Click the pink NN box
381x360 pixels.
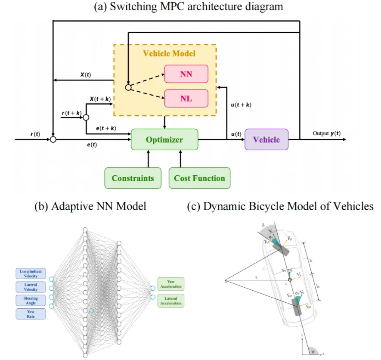point(186,74)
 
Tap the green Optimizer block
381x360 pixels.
point(164,140)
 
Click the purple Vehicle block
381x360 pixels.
point(266,140)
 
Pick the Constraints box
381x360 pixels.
point(133,178)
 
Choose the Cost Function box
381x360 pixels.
point(199,178)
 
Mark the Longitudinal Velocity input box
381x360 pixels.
point(31,273)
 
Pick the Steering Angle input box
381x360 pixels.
point(31,300)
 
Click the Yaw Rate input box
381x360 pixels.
point(31,313)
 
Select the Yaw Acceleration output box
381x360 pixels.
point(171,283)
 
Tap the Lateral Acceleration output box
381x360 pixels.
point(171,300)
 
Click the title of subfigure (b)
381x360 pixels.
point(90,206)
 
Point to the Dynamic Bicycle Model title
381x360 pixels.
point(280,206)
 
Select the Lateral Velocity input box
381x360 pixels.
point(31,287)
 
